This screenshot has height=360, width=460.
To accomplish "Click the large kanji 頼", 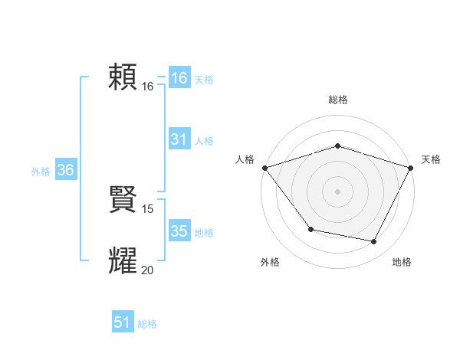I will [x=123, y=77].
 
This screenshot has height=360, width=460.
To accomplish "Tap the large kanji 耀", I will [x=123, y=260].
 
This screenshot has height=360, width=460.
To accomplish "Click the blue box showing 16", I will [x=179, y=78].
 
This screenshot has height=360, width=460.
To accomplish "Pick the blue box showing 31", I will [x=179, y=139].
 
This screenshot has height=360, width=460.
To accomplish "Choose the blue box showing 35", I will [x=179, y=231].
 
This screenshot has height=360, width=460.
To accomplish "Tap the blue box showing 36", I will [x=66, y=170].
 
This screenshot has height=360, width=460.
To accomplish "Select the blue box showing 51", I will [x=123, y=322].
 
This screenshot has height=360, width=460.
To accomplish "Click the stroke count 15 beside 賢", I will [x=148, y=208].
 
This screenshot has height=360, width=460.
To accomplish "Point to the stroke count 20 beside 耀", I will [x=148, y=270].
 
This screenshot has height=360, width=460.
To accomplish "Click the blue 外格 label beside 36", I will [x=41, y=172].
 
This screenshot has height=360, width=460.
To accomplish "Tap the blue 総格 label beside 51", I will [x=147, y=324].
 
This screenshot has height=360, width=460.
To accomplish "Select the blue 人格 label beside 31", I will [x=204, y=141].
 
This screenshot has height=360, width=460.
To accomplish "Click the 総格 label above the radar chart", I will [x=338, y=100].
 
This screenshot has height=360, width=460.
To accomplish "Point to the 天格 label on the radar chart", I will [x=431, y=159].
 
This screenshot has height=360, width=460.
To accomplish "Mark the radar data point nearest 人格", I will [x=264, y=167].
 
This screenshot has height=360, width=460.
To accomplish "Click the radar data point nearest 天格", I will [x=411, y=167].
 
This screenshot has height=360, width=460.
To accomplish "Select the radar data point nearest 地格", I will [x=374, y=241].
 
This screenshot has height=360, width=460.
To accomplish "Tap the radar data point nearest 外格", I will [x=310, y=229].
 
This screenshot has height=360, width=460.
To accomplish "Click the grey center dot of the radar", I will [x=338, y=191].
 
